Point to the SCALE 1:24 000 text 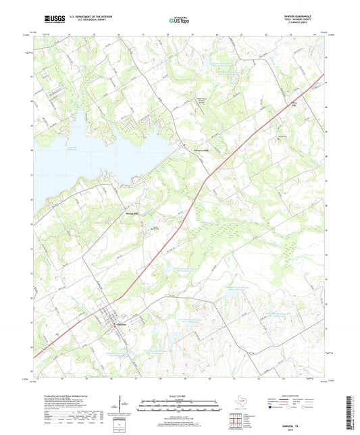[180, 394]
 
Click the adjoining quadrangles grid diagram [235, 422]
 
